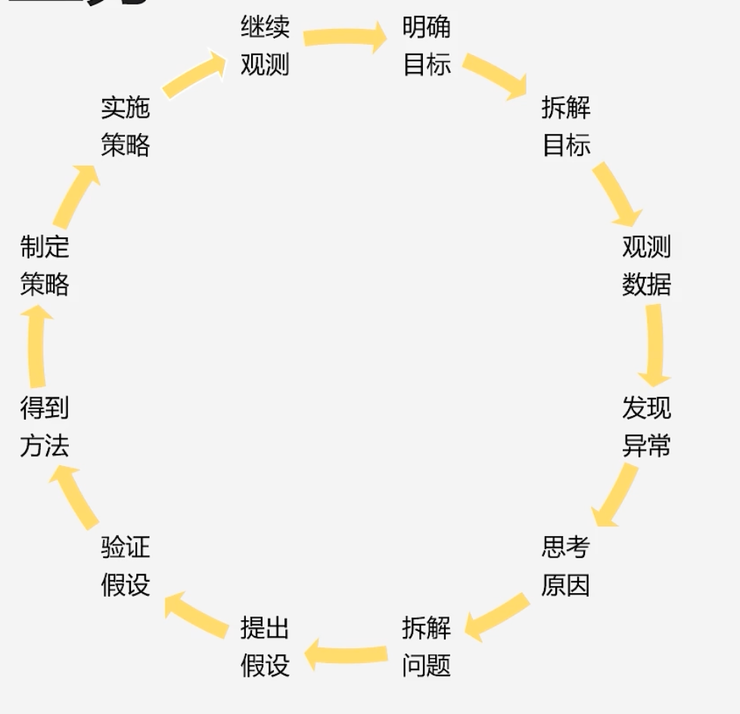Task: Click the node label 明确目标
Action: [x=427, y=45]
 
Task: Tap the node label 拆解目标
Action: [x=566, y=126]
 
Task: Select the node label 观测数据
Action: [x=646, y=265]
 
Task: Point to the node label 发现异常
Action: [x=646, y=427]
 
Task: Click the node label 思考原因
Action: [x=565, y=566]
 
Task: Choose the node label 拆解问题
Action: [x=427, y=647]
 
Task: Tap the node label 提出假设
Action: [x=265, y=647]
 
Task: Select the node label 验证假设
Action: [x=126, y=566]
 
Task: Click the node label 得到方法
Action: [x=45, y=427]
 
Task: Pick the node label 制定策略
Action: [x=45, y=265]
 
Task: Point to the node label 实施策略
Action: [x=126, y=126]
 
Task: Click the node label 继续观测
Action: [x=265, y=45]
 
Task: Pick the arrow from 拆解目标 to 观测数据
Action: [x=616, y=192]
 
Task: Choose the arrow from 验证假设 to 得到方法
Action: [x=76, y=495]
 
